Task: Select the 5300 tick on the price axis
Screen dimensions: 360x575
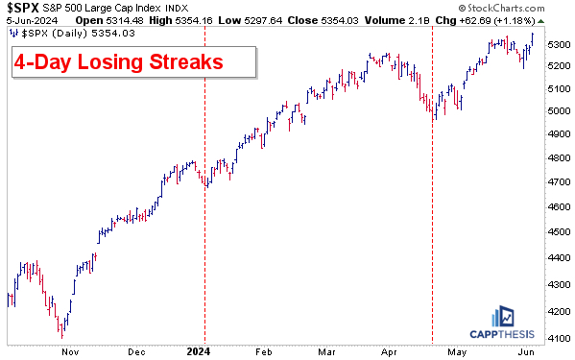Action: (556, 44)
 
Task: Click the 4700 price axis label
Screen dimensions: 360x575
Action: (556, 180)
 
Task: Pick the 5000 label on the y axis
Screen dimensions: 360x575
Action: (556, 111)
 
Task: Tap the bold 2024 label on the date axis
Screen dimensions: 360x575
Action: (198, 351)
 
